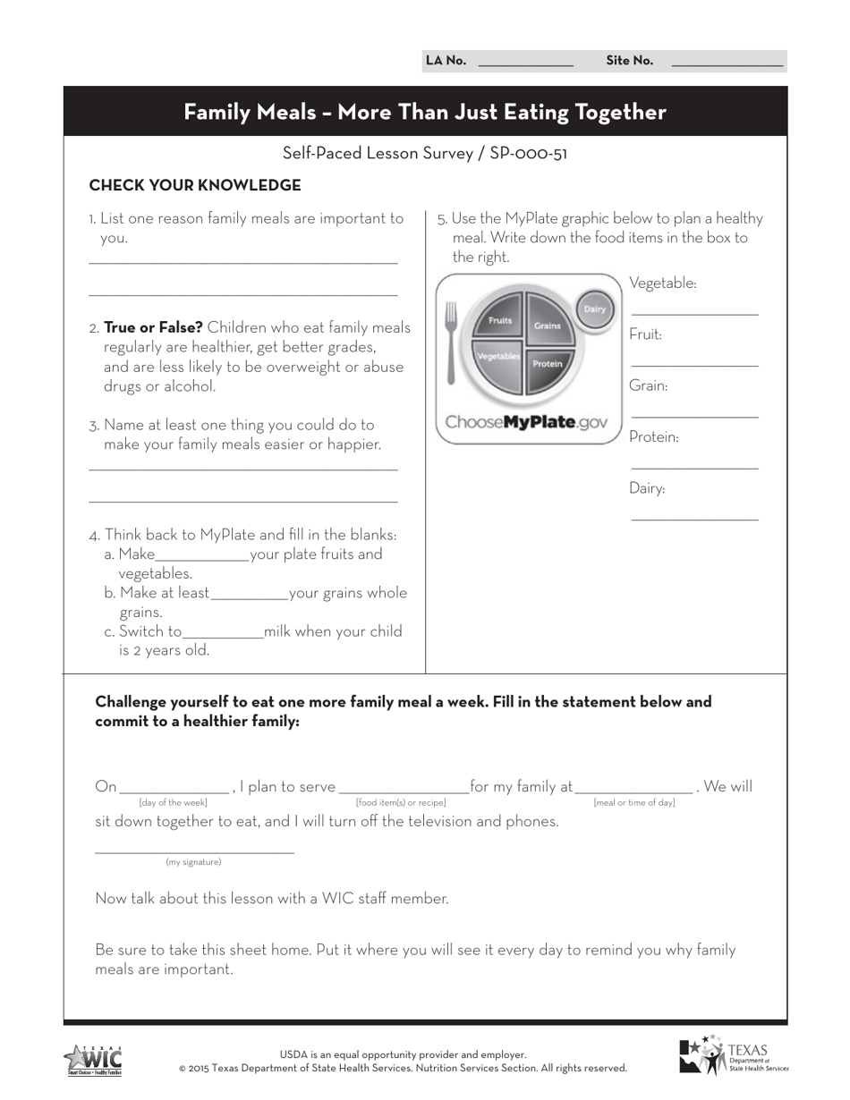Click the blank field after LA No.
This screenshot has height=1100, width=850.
tap(526, 63)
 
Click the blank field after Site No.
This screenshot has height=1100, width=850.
tap(727, 63)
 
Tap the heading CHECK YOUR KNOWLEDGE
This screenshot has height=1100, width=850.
tap(195, 186)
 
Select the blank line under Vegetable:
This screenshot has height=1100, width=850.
tap(694, 312)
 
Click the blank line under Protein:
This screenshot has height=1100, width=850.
tap(694, 466)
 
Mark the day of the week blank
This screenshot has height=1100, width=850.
tap(174, 790)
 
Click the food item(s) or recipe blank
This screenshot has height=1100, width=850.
tap(403, 790)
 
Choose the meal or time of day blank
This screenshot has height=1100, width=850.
tap(633, 790)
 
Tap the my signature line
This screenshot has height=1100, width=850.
tap(194, 850)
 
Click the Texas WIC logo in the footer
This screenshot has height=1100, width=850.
tap(93, 1061)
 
